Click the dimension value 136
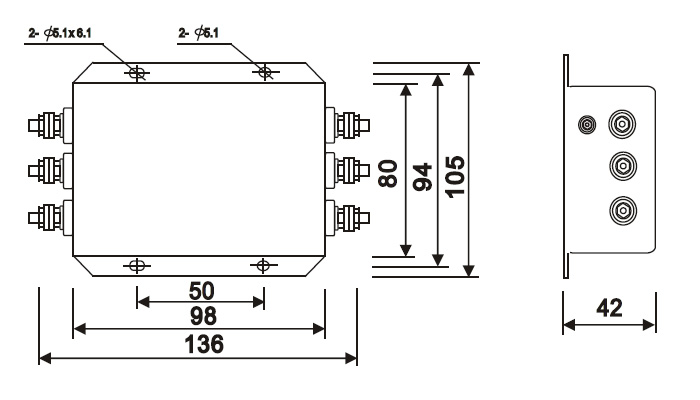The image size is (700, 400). click(204, 345)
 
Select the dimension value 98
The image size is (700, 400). click(204, 316)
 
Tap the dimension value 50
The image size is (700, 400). click(201, 291)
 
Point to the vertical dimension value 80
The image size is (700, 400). click(388, 173)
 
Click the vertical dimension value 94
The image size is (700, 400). click(422, 177)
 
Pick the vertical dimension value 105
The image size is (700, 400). click(455, 176)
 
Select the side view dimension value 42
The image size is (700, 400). click(609, 308)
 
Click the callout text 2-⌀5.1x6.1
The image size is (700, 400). click(60, 33)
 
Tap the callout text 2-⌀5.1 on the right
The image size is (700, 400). click(199, 33)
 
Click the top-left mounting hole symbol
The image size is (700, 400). click(137, 72)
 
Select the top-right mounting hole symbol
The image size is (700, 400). click(266, 71)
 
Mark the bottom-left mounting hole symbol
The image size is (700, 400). click(137, 266)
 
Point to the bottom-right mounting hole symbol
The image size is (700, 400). click(263, 266)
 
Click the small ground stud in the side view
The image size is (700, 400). click(587, 125)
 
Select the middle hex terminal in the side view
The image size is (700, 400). click(623, 166)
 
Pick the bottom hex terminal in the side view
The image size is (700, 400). click(623, 210)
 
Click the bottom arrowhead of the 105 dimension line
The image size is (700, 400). click(468, 271)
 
